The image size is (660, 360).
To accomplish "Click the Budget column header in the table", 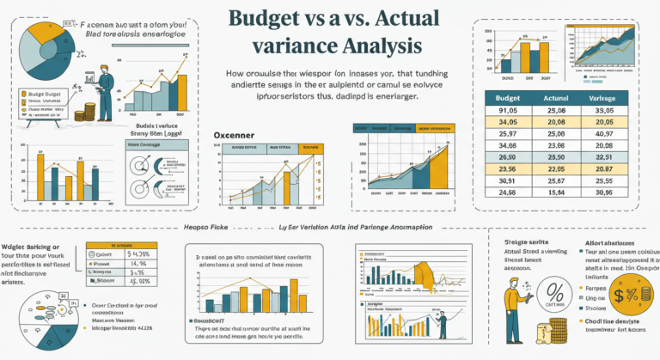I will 506,99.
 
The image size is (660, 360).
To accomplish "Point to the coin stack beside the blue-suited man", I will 84,113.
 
